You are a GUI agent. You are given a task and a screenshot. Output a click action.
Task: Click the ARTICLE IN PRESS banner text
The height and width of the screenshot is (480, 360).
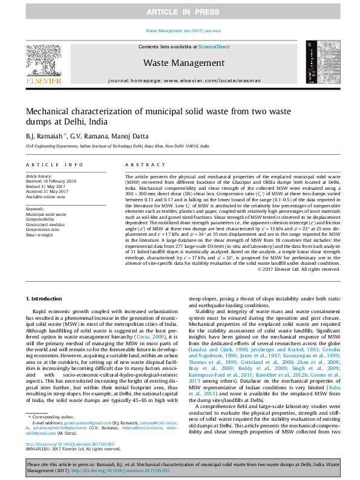pyautogui.click(x=180, y=12)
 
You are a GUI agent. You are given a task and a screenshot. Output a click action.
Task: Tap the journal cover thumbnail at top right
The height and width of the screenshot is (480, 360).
pyautogui.click(x=320, y=62)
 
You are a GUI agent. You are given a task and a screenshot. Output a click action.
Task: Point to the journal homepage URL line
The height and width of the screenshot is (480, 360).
pyautogui.click(x=184, y=80)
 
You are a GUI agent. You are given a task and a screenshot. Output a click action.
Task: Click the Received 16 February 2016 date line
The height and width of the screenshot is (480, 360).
pyautogui.click(x=51, y=180)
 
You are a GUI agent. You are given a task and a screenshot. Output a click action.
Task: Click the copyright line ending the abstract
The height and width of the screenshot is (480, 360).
pyautogui.click(x=299, y=286)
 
